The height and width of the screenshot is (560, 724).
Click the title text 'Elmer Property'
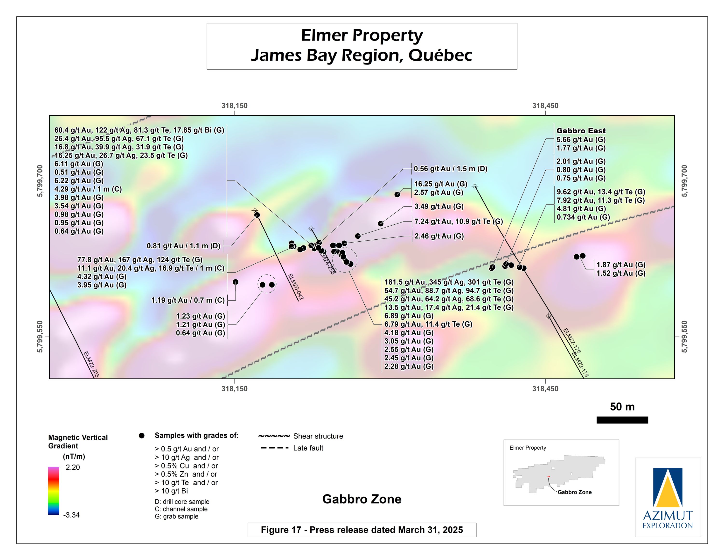(x=362, y=35)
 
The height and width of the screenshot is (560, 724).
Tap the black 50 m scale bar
(x=622, y=420)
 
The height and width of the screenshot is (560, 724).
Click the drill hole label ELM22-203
(x=91, y=364)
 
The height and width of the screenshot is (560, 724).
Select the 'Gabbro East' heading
(x=581, y=131)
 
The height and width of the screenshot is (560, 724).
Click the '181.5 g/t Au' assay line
(x=449, y=282)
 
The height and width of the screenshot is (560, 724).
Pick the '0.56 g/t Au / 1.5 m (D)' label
(x=450, y=169)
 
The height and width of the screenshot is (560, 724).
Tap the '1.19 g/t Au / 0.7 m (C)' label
(x=188, y=300)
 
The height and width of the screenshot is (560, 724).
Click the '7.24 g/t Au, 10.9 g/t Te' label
(x=458, y=221)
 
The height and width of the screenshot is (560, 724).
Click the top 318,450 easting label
(x=545, y=106)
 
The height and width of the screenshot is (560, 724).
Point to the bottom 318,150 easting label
(x=234, y=389)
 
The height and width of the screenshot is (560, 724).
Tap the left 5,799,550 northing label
(x=40, y=337)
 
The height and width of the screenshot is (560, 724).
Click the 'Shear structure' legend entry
(x=318, y=436)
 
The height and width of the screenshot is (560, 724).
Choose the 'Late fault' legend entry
(x=308, y=448)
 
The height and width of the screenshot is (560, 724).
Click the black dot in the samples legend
(x=142, y=436)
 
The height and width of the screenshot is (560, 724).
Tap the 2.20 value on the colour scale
(x=73, y=467)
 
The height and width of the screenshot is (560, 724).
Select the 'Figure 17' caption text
(x=362, y=530)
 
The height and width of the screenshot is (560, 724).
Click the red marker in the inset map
(x=549, y=477)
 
